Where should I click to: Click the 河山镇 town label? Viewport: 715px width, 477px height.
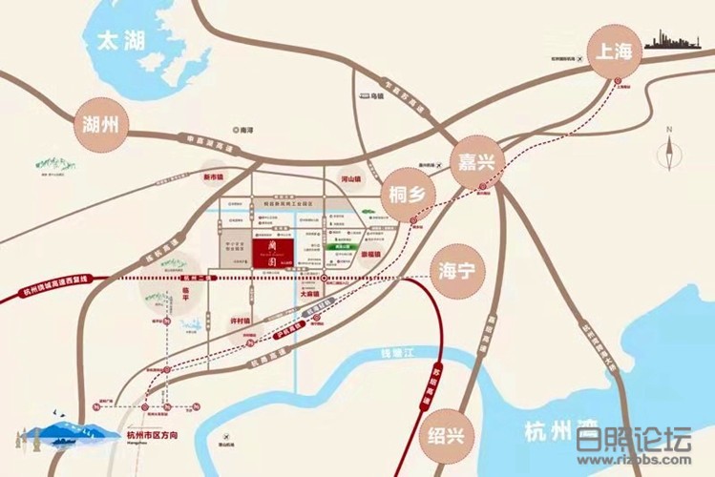(352, 178)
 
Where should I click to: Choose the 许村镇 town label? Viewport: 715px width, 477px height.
(247, 319)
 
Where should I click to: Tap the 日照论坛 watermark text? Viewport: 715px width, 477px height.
(633, 442)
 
